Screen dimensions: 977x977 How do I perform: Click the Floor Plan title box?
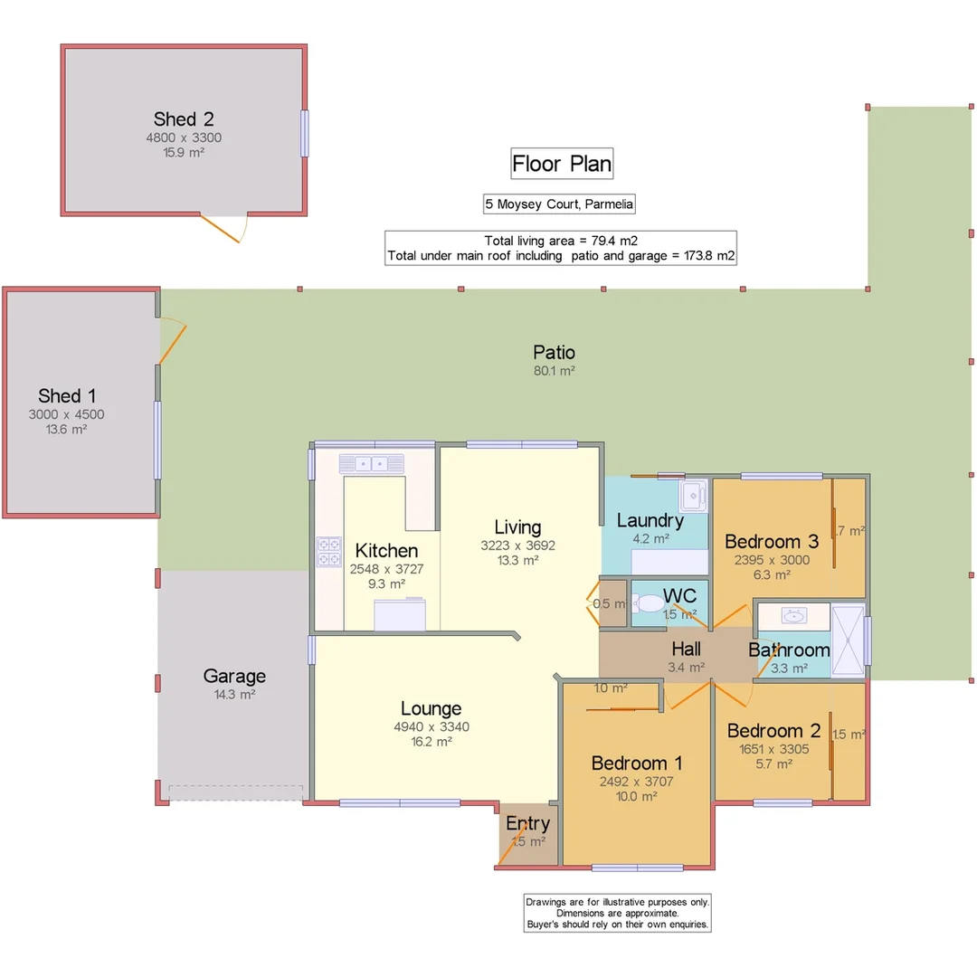561,164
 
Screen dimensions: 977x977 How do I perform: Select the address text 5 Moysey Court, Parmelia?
559,204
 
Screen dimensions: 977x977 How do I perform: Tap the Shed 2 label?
184,119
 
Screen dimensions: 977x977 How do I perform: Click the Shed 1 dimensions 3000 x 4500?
66,414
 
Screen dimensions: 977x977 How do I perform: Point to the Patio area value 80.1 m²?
554,370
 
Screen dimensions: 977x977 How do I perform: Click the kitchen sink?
372,464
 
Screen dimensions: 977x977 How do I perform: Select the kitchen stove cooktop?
328,552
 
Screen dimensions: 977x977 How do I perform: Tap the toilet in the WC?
648,603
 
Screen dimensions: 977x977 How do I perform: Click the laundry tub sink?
694,495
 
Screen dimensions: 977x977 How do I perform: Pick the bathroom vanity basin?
794,617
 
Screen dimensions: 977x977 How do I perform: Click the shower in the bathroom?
848,640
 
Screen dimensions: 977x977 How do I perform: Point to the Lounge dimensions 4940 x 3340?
431,726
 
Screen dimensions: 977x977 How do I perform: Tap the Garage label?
234,676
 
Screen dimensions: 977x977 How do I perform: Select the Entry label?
527,823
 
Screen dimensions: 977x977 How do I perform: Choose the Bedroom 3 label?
772,541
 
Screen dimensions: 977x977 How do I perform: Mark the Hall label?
686,650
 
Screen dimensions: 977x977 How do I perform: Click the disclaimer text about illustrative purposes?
618,913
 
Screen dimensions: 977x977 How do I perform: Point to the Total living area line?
561,241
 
